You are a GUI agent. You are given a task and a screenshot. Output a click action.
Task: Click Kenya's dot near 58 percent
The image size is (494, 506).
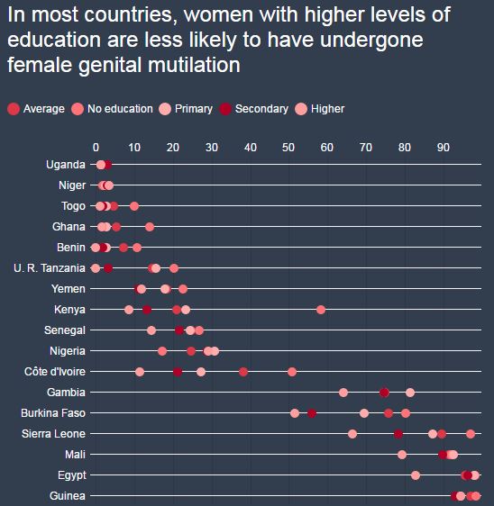321,310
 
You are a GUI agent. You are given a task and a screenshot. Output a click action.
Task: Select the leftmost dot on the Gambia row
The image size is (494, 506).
343,393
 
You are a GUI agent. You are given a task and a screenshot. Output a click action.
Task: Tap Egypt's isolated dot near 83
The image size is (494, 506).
416,475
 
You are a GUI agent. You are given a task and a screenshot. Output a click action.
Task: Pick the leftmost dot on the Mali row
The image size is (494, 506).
401,455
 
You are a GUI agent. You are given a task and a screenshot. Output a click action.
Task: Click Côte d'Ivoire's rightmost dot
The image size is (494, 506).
292,372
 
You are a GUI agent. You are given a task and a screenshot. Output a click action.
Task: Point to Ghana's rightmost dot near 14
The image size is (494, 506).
150,227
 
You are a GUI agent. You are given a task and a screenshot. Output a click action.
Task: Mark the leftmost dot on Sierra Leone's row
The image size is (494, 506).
352,434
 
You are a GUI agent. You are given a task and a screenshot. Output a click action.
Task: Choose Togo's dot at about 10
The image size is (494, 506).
134,206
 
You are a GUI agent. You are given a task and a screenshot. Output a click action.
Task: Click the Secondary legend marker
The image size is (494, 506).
224,109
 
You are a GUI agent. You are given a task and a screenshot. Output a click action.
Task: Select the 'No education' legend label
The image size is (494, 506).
120,109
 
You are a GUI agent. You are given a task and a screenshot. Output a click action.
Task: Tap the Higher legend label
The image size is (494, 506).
327,109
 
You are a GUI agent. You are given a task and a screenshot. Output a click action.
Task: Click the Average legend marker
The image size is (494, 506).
14,109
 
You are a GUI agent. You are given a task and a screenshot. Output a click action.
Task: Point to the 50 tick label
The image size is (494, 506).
288,148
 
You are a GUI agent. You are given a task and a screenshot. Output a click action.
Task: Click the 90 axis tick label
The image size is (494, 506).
444,148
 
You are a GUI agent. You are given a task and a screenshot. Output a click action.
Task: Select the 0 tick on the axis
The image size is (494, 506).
96,148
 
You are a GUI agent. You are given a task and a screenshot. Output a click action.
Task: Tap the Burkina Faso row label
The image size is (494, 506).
53,413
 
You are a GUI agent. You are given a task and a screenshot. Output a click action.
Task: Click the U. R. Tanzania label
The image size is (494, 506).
50,268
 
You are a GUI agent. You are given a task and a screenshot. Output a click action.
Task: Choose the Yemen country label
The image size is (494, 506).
69,289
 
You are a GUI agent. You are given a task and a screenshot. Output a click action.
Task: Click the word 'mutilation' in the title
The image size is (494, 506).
194,65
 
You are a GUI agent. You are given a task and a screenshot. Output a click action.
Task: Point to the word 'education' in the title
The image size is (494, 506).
54,40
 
